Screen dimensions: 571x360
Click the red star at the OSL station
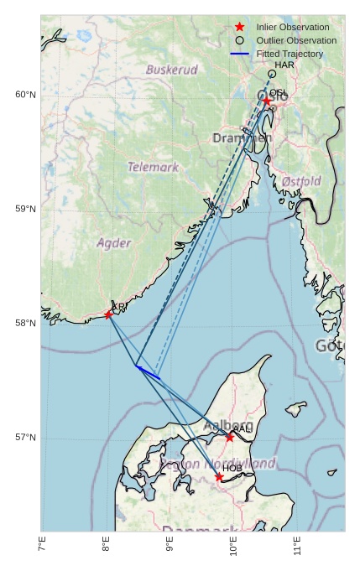(267, 101)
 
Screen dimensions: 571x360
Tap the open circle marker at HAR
(271, 74)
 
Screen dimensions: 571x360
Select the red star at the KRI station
(108, 314)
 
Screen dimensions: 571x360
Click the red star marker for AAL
(229, 437)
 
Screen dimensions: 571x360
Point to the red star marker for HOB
(219, 477)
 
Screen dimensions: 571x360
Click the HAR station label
(284, 65)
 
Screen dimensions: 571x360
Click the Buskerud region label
(171, 70)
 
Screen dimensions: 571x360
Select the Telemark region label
(153, 167)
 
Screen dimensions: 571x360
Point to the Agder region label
(113, 243)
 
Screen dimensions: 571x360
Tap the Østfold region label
(301, 181)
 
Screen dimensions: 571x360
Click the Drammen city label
(242, 138)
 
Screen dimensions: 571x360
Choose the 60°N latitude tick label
(25, 95)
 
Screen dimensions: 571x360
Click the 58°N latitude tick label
(25, 324)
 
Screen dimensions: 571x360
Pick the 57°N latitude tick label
(25, 438)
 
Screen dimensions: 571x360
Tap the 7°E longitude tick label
(42, 547)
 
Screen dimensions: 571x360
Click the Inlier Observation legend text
(293, 27)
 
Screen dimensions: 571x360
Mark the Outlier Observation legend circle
(239, 40)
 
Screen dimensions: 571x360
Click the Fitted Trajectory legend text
(290, 54)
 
